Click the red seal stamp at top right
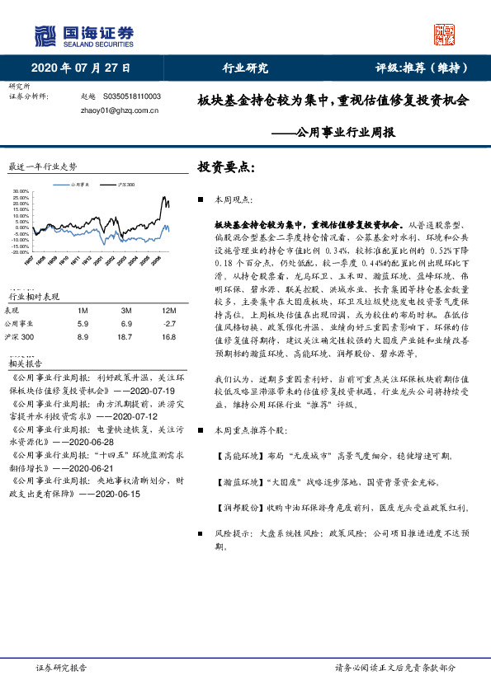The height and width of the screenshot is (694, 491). [x=445, y=35]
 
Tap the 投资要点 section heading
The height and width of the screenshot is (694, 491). [x=227, y=166]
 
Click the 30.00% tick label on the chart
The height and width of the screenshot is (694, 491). [x=21, y=192]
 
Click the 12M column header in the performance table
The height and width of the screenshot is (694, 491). [x=169, y=310]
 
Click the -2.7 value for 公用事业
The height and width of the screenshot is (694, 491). [x=169, y=324]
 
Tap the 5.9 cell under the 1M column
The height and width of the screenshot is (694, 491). [x=82, y=324]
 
